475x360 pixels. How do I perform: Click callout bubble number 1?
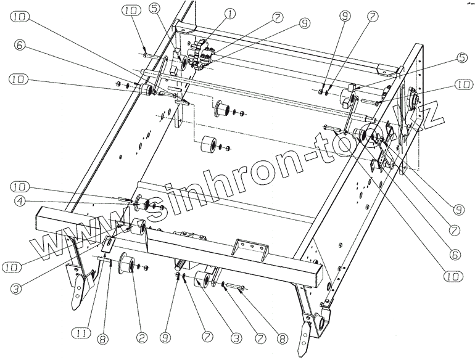pos(212,13)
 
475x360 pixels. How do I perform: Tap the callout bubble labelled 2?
pos(142,337)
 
